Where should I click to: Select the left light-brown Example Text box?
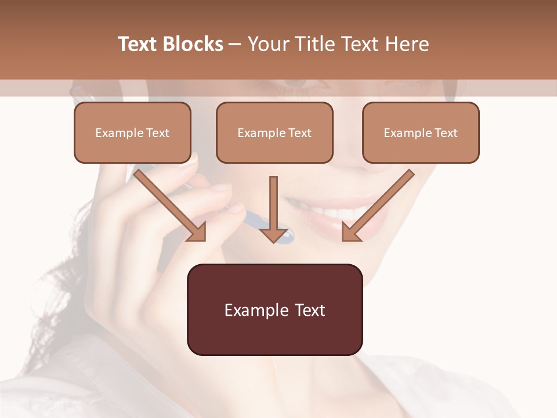(x=132, y=132)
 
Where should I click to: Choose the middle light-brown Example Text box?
(x=274, y=132)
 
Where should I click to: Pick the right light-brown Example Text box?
(x=421, y=132)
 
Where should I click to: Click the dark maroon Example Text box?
(x=274, y=309)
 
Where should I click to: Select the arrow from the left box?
(x=171, y=206)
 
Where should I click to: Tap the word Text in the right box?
(x=446, y=133)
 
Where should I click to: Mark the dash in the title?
(x=235, y=44)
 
